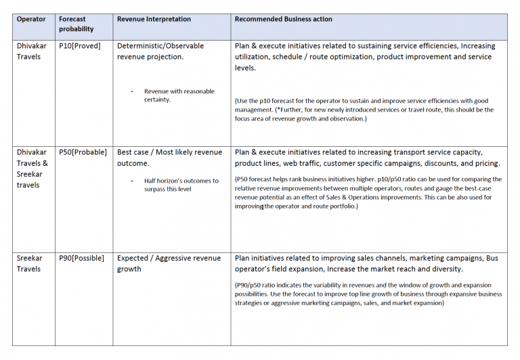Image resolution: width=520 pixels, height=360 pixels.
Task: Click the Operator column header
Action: click(x=31, y=20)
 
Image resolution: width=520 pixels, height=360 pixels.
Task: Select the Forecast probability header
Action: click(x=76, y=24)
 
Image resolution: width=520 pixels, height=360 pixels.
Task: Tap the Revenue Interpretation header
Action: click(x=154, y=20)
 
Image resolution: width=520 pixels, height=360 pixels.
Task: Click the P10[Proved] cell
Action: click(x=82, y=46)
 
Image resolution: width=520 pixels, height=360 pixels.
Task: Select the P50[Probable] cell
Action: click(x=83, y=152)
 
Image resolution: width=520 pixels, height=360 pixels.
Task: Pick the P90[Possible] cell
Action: click(x=82, y=258)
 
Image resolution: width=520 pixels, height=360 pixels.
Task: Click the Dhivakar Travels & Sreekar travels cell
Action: click(x=32, y=168)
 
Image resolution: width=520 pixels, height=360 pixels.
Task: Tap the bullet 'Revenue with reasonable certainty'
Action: click(x=179, y=95)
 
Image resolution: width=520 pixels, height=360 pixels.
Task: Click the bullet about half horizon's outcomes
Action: click(x=181, y=185)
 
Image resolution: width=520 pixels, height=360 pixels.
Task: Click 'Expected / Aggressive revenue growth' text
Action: click(x=169, y=263)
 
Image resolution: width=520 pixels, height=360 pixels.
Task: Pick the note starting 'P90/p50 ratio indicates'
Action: click(x=368, y=294)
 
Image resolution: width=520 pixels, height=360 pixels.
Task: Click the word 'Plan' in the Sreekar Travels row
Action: click(x=243, y=258)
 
